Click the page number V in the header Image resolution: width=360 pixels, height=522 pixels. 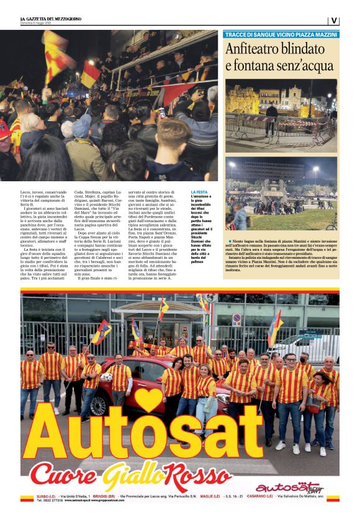[x=334, y=20]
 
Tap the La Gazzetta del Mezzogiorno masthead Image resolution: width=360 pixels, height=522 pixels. [x=52, y=19]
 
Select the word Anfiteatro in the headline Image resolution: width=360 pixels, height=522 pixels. [x=255, y=50]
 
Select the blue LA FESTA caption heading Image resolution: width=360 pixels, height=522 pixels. [x=200, y=193]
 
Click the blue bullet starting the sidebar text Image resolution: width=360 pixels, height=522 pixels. [x=230, y=240]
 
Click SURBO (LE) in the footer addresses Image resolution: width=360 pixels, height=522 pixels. [x=30, y=497]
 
